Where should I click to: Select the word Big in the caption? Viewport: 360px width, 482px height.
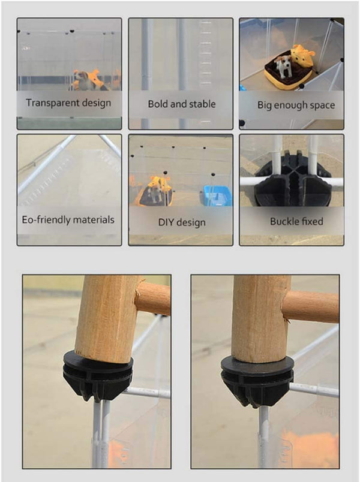pyautogui.click(x=265, y=106)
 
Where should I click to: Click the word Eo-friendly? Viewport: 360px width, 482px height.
pyautogui.click(x=46, y=220)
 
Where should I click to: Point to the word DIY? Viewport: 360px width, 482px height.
pyautogui.click(x=166, y=222)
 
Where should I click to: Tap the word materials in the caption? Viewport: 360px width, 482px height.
pyautogui.click(x=94, y=220)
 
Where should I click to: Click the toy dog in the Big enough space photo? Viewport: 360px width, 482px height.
pyautogui.click(x=283, y=67)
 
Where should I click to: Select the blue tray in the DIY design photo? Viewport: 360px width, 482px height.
pyautogui.click(x=218, y=195)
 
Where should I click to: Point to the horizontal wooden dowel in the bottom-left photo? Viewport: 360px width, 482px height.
pyautogui.click(x=153, y=298)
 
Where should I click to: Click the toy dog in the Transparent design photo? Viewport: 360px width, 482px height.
pyautogui.click(x=85, y=80)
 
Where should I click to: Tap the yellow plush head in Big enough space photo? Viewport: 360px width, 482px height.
pyautogui.click(x=302, y=56)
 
